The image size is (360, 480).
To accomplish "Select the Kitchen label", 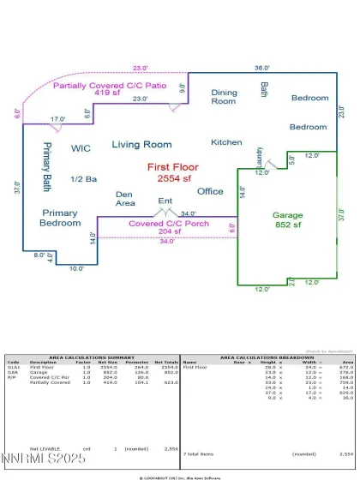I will pos(226,141).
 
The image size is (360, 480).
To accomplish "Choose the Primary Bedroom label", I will pos(60,217).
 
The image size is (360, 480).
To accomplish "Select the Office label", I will pos(209,191).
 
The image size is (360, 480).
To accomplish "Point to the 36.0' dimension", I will pos(261,68).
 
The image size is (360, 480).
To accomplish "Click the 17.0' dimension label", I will pos(57,119).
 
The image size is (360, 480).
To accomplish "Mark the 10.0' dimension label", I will pos(77,269).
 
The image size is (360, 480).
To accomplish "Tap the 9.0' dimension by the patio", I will pos(182,87).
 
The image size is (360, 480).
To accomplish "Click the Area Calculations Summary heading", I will pos(92,357).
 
